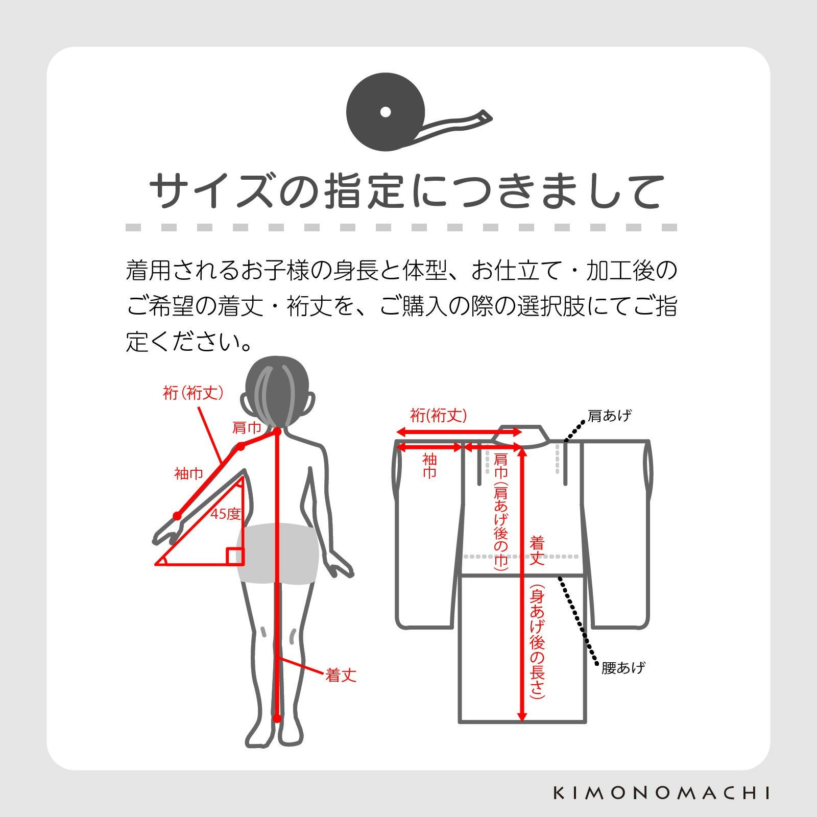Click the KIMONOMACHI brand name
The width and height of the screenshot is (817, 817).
[662, 793]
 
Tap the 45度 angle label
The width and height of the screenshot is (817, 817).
[225, 514]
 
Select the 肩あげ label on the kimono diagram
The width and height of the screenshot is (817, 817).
[609, 416]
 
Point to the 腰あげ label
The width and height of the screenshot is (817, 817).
[623, 667]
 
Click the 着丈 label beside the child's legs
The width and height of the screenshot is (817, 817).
[341, 676]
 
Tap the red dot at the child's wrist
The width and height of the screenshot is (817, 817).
[177, 515]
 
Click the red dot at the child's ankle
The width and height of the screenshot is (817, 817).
[277, 718]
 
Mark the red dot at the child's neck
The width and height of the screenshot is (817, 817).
[277, 432]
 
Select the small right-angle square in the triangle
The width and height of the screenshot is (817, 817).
[235, 556]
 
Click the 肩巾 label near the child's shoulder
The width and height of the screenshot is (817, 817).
[247, 428]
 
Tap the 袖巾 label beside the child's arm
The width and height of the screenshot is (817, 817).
[189, 474]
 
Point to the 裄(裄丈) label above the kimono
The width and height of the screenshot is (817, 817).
[439, 416]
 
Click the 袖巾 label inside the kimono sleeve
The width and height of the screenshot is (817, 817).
[429, 466]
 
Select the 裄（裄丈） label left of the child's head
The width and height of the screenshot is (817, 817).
[193, 393]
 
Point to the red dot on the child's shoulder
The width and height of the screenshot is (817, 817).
[241, 447]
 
